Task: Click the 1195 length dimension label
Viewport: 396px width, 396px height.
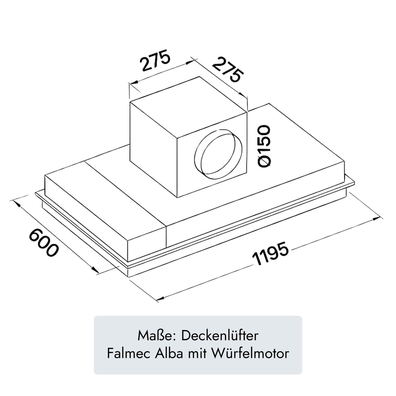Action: click(x=270, y=254)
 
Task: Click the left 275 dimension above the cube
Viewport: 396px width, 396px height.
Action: click(x=155, y=60)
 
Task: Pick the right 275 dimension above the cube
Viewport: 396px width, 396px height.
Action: click(x=229, y=69)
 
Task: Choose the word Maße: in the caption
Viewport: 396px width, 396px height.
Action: click(x=158, y=336)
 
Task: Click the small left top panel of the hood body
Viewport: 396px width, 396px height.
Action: click(x=104, y=196)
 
